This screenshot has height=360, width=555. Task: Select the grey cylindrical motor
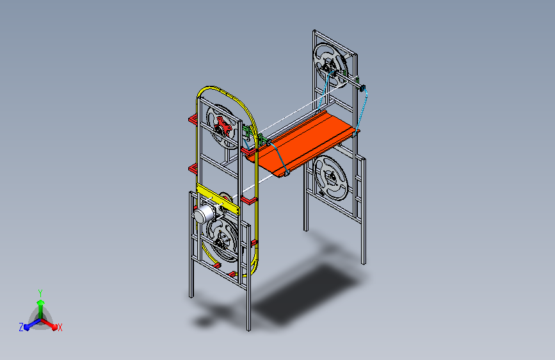[x=203, y=213]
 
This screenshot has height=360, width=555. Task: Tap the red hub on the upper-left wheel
[x=222, y=126]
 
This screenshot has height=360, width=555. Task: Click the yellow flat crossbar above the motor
[x=218, y=199]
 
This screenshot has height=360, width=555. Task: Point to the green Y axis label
[x=40, y=293]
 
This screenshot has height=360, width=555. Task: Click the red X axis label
[x=60, y=327]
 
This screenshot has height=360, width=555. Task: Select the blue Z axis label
[x=21, y=327]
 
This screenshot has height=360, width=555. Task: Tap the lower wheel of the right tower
[x=332, y=178]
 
